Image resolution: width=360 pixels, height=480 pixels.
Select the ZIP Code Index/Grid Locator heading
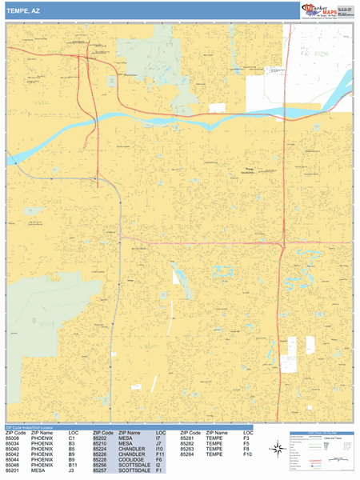(x=32, y=428)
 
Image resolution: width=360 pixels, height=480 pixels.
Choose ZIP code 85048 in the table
(x=14, y=466)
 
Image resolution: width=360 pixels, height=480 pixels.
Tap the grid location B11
(x=73, y=466)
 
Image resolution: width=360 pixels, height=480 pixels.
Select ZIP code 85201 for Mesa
(x=14, y=473)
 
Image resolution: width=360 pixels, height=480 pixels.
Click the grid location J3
(x=71, y=473)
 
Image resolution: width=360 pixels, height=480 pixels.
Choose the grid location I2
(x=158, y=466)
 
